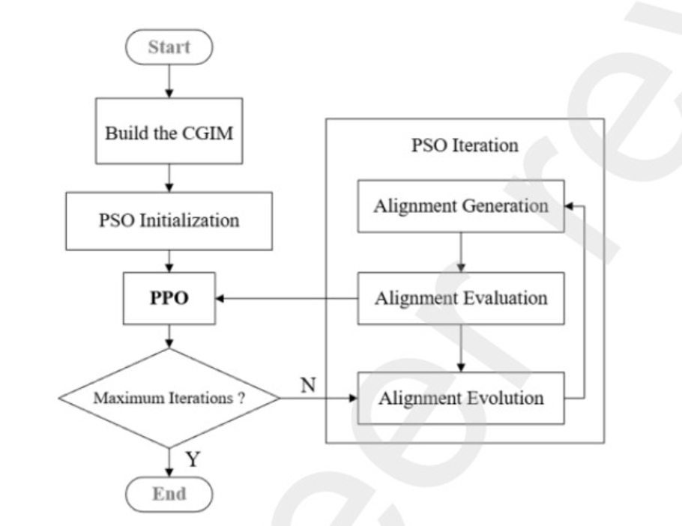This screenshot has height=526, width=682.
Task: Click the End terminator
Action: pos(169,494)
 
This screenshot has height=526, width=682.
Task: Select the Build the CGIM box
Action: pos(169,133)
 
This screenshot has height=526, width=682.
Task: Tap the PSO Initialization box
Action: pos(169,220)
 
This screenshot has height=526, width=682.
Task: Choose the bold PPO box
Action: pos(169,298)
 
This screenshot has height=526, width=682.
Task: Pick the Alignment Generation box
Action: pos(460,205)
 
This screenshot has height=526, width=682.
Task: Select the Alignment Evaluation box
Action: pos(460,298)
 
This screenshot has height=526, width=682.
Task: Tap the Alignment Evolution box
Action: pos(460,397)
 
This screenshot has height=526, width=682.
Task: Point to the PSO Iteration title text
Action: pos(465,145)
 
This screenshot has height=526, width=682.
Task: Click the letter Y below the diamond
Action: pos(193,459)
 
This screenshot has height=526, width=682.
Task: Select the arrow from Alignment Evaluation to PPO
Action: pos(285,299)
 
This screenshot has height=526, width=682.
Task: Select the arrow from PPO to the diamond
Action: pos(169,335)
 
